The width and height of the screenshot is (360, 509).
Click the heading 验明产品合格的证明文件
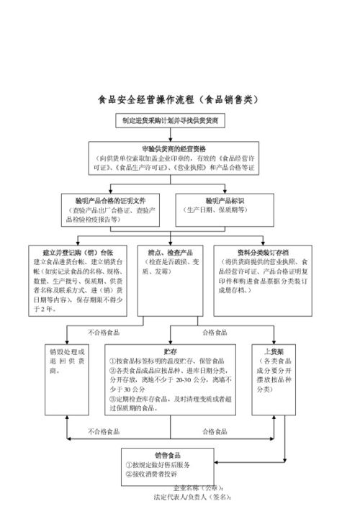(x=114, y=200)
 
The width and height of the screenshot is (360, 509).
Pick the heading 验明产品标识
(x=226, y=200)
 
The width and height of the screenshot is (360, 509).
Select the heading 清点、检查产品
(x=170, y=253)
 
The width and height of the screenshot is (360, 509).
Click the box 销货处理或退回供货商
(x=66, y=360)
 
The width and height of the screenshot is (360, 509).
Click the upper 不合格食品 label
(x=104, y=333)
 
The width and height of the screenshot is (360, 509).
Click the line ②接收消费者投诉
(x=153, y=474)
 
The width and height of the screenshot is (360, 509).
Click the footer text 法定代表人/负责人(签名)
(x=191, y=496)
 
